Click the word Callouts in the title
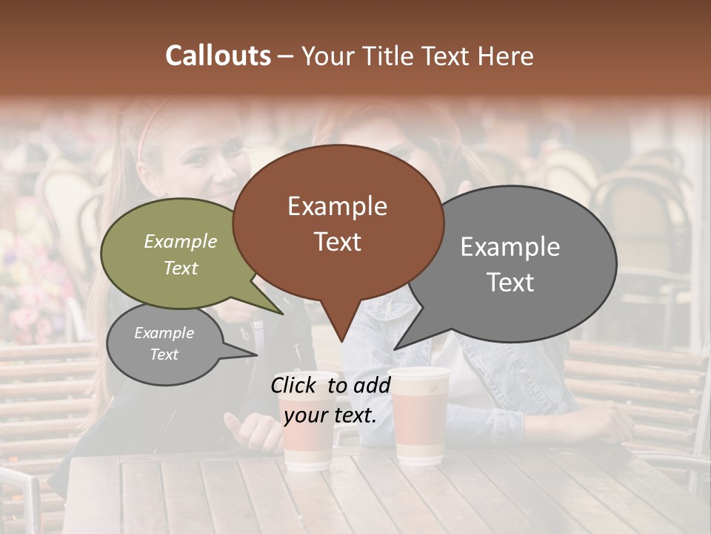[x=218, y=56]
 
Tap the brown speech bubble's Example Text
[x=338, y=224]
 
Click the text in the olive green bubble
[x=181, y=254]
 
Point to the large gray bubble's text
[x=510, y=264]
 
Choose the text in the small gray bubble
[x=164, y=343]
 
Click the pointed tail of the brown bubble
[x=341, y=337]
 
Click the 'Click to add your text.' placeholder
[x=330, y=400]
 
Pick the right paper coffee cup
[x=419, y=415]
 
